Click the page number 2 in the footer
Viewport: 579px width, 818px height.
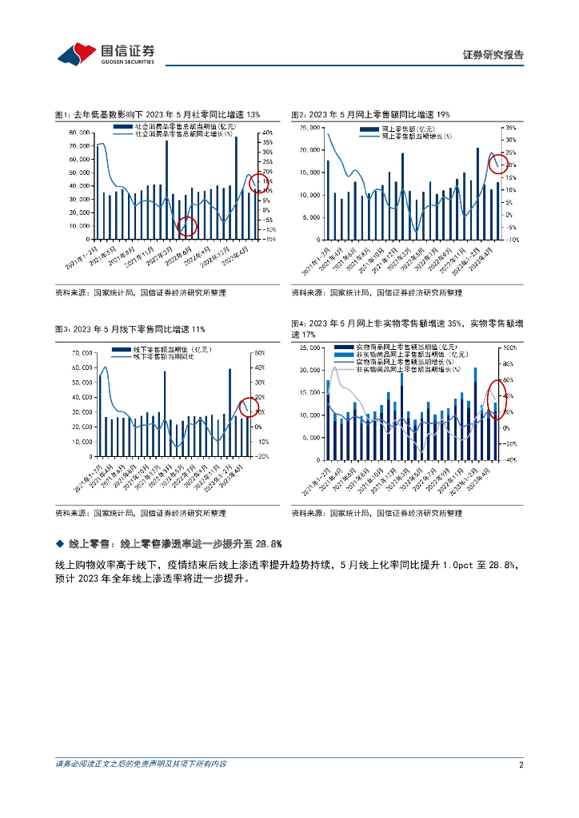pyautogui.click(x=521, y=764)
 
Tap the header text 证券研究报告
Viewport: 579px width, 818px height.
pyautogui.click(x=493, y=55)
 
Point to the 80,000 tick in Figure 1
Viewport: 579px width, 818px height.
pyautogui.click(x=78, y=133)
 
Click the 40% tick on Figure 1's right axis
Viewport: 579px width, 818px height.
pyautogui.click(x=269, y=133)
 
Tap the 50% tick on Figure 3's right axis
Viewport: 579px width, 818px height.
pyautogui.click(x=260, y=352)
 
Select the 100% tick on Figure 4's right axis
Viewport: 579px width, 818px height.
pyautogui.click(x=509, y=348)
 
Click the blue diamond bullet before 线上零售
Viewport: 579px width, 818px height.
pyautogui.click(x=59, y=544)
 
